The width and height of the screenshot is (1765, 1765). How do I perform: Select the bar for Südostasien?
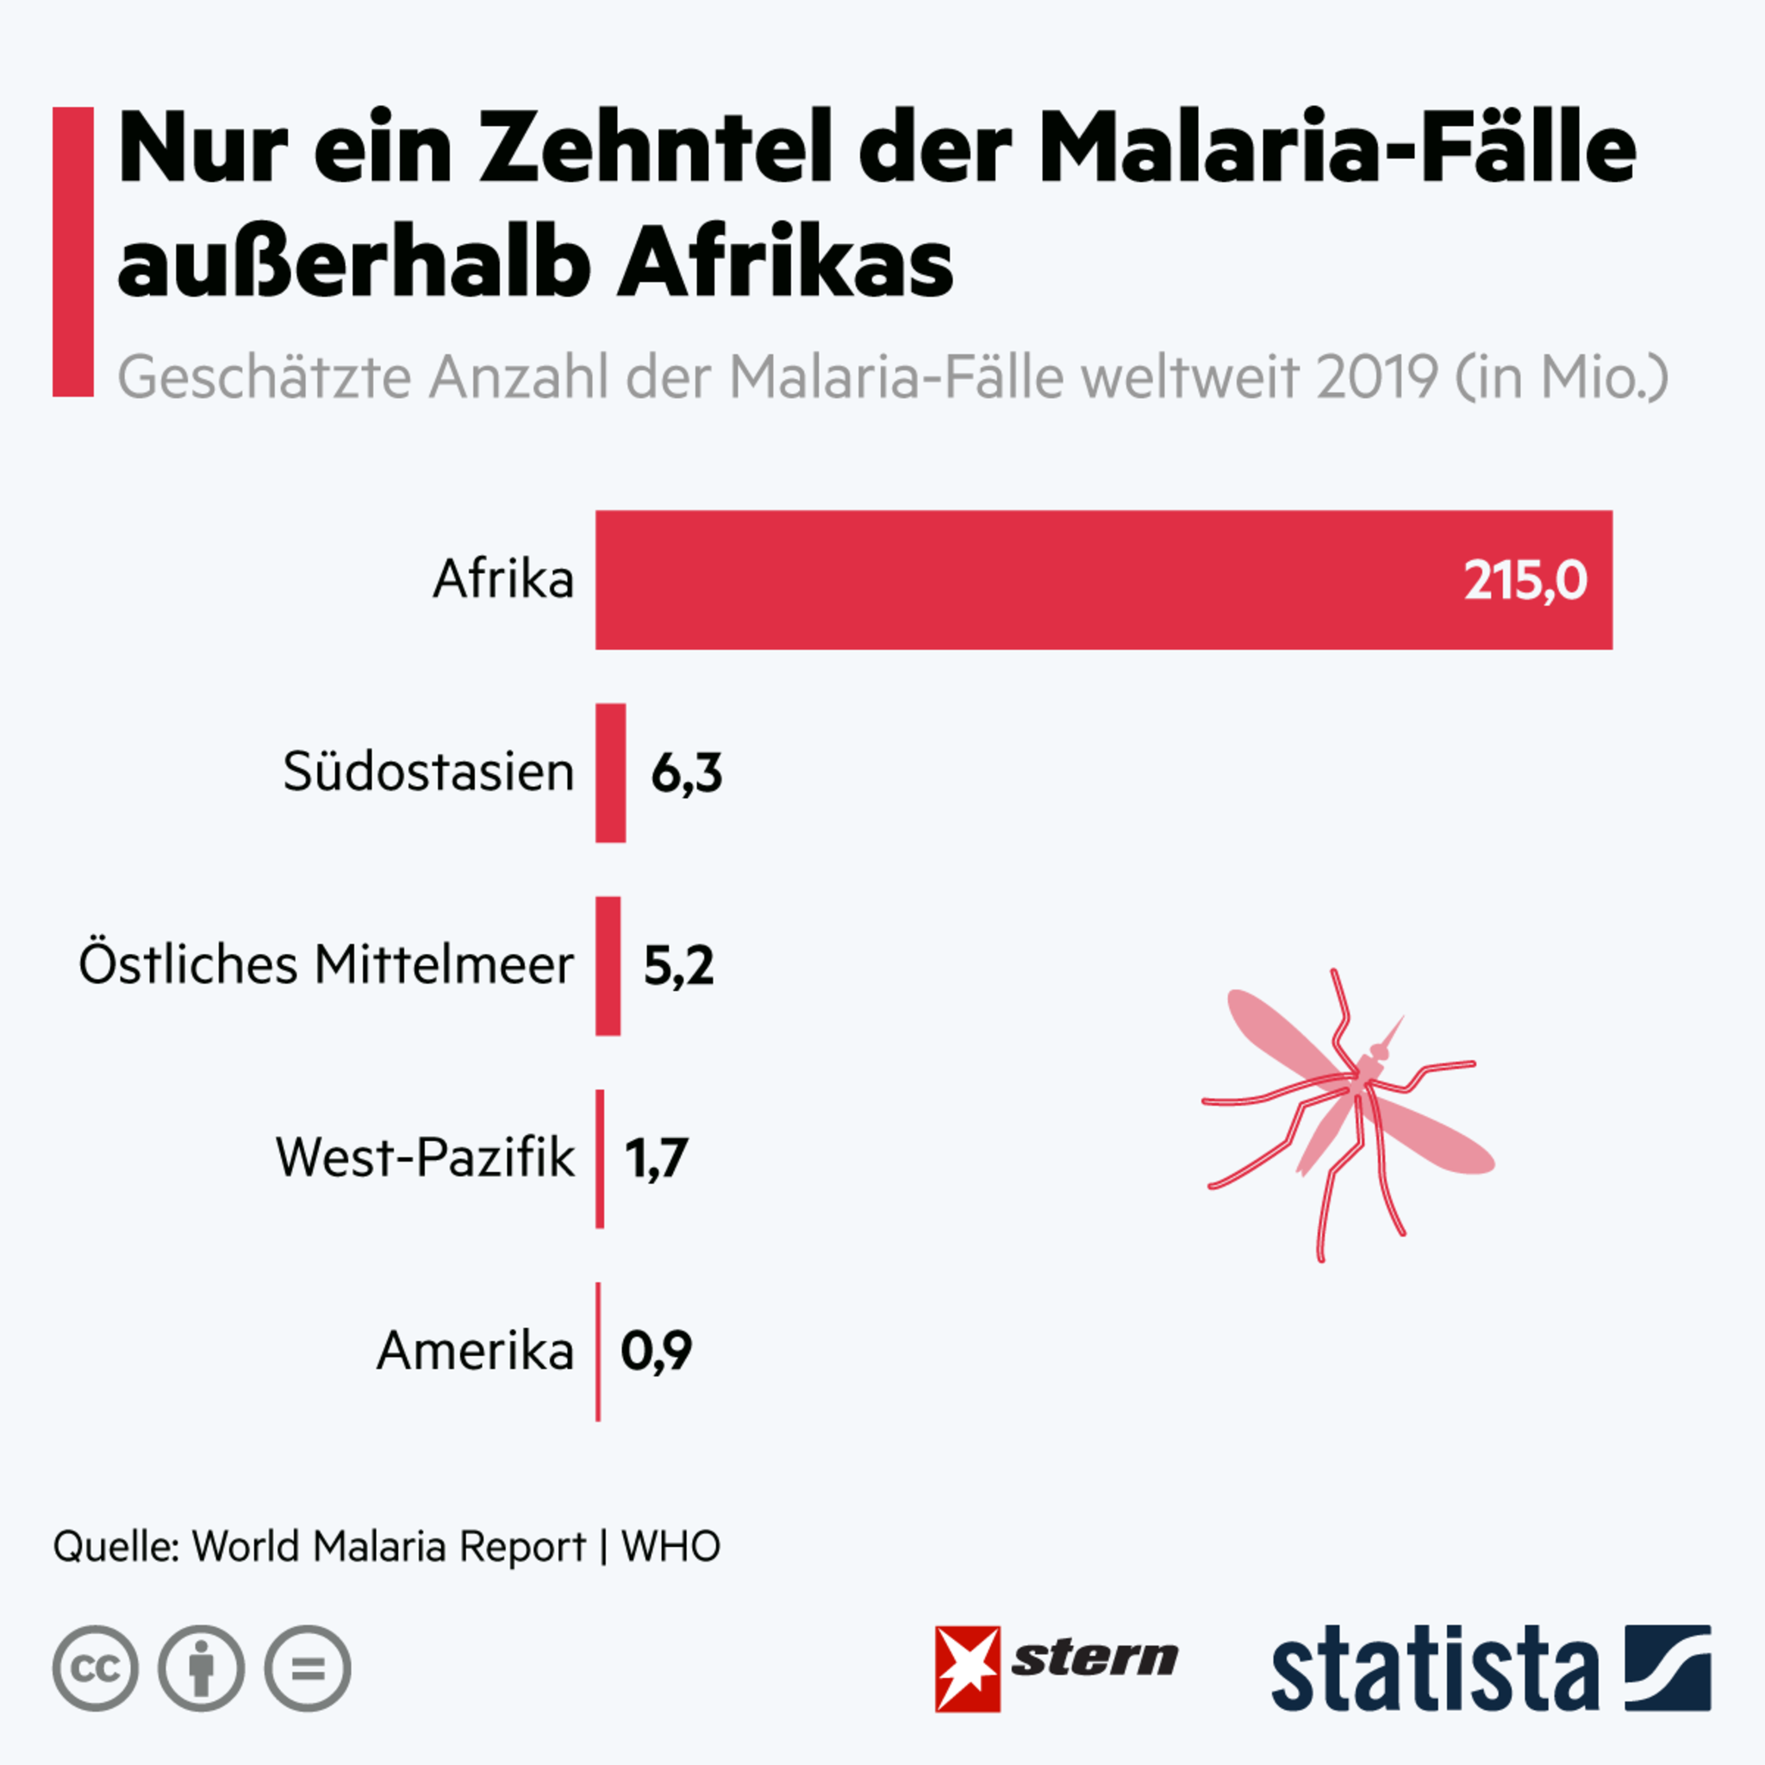pos(610,773)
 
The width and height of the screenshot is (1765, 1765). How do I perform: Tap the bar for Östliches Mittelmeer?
pos(608,965)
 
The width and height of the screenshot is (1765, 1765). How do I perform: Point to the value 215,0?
pos(1525,580)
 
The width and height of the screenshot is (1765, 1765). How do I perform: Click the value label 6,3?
pos(686,774)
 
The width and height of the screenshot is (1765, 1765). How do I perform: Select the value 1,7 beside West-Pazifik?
pos(656,1158)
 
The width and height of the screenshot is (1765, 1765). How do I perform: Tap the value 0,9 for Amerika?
pos(656,1351)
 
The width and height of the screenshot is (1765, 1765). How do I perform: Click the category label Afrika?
pos(503,579)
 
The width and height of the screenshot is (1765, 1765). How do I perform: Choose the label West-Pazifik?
pos(425,1157)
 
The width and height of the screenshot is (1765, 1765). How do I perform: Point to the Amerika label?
pos(474,1351)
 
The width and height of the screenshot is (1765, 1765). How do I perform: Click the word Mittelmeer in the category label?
pos(444,964)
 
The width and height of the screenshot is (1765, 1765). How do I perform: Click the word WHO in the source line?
pos(670,1547)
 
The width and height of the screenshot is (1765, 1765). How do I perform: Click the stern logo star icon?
pos(968,1669)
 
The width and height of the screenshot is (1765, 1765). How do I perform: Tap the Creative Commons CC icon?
pos(96,1669)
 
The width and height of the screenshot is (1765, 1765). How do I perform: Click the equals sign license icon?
pos(308,1669)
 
